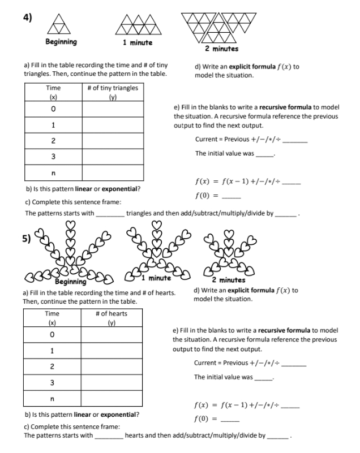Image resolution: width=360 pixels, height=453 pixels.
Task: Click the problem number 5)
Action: (x=27, y=238)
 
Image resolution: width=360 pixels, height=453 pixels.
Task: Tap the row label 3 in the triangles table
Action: (x=53, y=156)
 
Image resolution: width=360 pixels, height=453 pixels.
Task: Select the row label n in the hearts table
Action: (x=53, y=399)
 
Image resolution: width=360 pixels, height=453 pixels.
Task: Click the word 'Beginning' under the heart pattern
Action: (x=71, y=281)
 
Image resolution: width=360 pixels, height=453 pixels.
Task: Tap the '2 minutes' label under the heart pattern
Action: (x=228, y=280)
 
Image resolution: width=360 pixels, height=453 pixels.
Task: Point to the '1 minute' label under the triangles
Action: (x=137, y=42)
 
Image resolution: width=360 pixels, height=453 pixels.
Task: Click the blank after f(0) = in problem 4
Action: (x=232, y=196)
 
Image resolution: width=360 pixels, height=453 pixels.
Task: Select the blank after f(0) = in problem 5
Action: (x=230, y=420)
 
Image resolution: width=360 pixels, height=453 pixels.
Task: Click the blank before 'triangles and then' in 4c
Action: (x=110, y=214)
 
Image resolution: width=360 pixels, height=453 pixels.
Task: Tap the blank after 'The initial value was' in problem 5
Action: (x=263, y=378)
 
